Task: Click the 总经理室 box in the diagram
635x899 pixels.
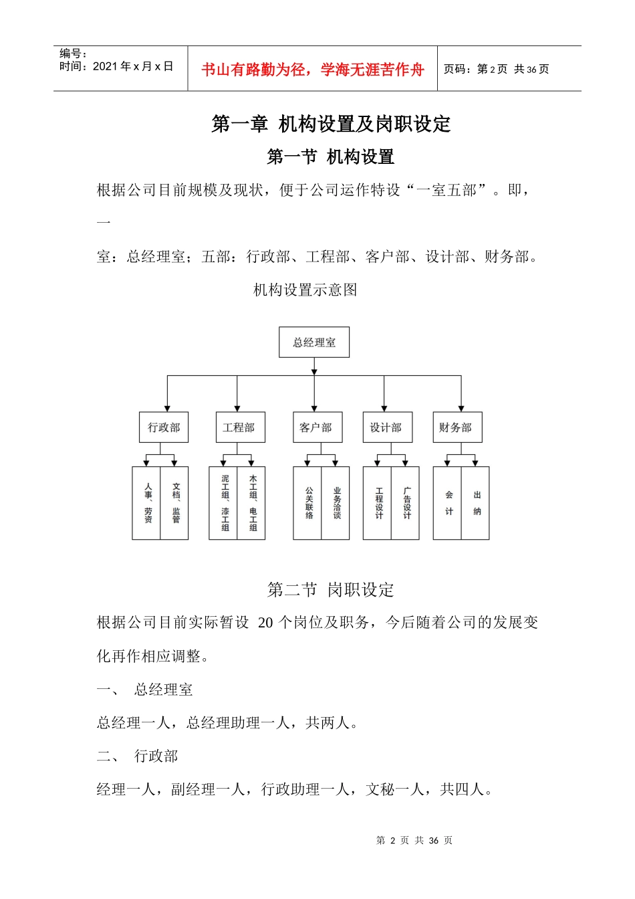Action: pyautogui.click(x=314, y=342)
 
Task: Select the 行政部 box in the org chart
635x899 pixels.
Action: pyautogui.click(x=164, y=427)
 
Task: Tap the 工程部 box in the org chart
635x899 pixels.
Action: pyautogui.click(x=239, y=427)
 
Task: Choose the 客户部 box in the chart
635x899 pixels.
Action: pyautogui.click(x=316, y=427)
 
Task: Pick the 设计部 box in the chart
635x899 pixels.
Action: pyautogui.click(x=386, y=427)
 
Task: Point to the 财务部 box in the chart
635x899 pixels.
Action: pyautogui.click(x=457, y=427)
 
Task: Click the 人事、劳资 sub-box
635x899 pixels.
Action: pyautogui.click(x=147, y=503)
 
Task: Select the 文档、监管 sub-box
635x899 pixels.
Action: pyautogui.click(x=175, y=503)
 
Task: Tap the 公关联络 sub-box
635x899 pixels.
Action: pyautogui.click(x=308, y=503)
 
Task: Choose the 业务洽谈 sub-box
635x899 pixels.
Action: pyautogui.click(x=336, y=503)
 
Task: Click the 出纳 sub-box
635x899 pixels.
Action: pyautogui.click(x=477, y=503)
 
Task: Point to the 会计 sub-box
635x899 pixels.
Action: pyautogui.click(x=448, y=503)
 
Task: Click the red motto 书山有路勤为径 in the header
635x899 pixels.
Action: pyautogui.click(x=312, y=70)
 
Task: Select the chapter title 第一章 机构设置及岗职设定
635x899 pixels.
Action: pyautogui.click(x=331, y=124)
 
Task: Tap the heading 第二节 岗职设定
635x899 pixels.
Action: pyautogui.click(x=331, y=589)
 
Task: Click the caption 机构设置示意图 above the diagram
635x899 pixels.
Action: pyautogui.click(x=305, y=290)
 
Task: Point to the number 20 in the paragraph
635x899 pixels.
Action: pyautogui.click(x=265, y=623)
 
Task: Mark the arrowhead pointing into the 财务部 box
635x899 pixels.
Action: pyautogui.click(x=461, y=408)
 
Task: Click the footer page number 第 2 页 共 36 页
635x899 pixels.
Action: pyautogui.click(x=414, y=840)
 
